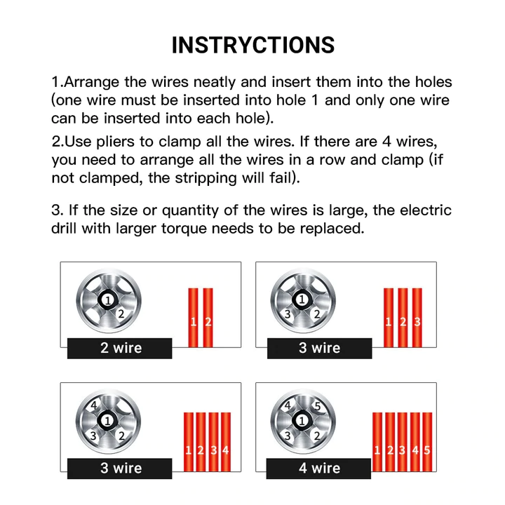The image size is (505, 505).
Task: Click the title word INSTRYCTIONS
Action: pos(253,44)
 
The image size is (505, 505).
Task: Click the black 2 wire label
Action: pos(120,348)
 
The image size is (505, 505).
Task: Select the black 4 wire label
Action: pos(319,468)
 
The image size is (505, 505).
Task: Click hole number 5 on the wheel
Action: pos(317,406)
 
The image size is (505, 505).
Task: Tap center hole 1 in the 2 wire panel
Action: pos(107,299)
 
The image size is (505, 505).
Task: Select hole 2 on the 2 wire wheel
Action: pos(121,314)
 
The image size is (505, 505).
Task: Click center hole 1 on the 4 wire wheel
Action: pos(302,421)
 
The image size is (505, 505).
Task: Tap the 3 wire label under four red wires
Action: pos(120,468)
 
